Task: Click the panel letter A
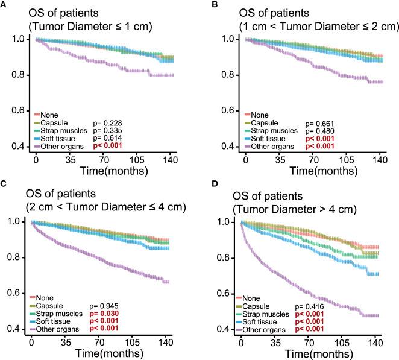point(4,5)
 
